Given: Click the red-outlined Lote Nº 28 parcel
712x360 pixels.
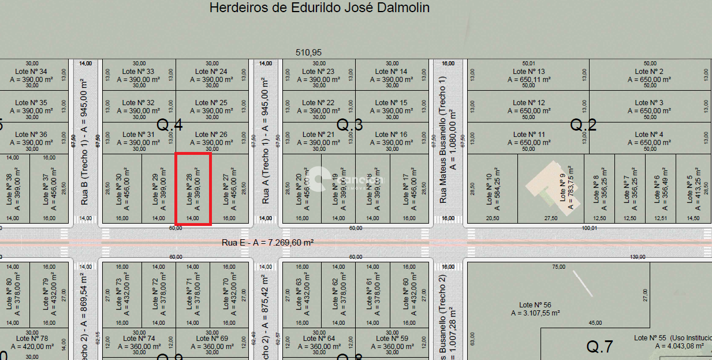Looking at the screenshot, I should pos(193,188).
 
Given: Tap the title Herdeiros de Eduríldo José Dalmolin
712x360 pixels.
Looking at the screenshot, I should pos(319,8).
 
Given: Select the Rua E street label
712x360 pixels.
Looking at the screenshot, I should pos(267,243).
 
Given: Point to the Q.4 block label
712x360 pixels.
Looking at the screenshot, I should pos(170,124).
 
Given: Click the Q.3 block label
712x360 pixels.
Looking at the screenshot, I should pos(350,124).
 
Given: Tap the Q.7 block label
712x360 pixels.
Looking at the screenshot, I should pos(599,346).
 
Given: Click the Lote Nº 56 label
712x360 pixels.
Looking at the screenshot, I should pos(535,305).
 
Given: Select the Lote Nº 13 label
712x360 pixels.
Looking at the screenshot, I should pos(528,72).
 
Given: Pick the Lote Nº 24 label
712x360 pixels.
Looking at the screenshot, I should pos(211,72).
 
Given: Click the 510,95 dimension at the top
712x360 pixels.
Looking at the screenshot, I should pos(308,52).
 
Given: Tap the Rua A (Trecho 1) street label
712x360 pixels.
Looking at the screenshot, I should pos(266,140).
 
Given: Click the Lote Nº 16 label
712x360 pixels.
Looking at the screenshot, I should pos(391,135).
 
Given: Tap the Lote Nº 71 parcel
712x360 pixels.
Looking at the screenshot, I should pos(193,294).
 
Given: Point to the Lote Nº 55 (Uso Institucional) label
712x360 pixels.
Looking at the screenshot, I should pos(672,338).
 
